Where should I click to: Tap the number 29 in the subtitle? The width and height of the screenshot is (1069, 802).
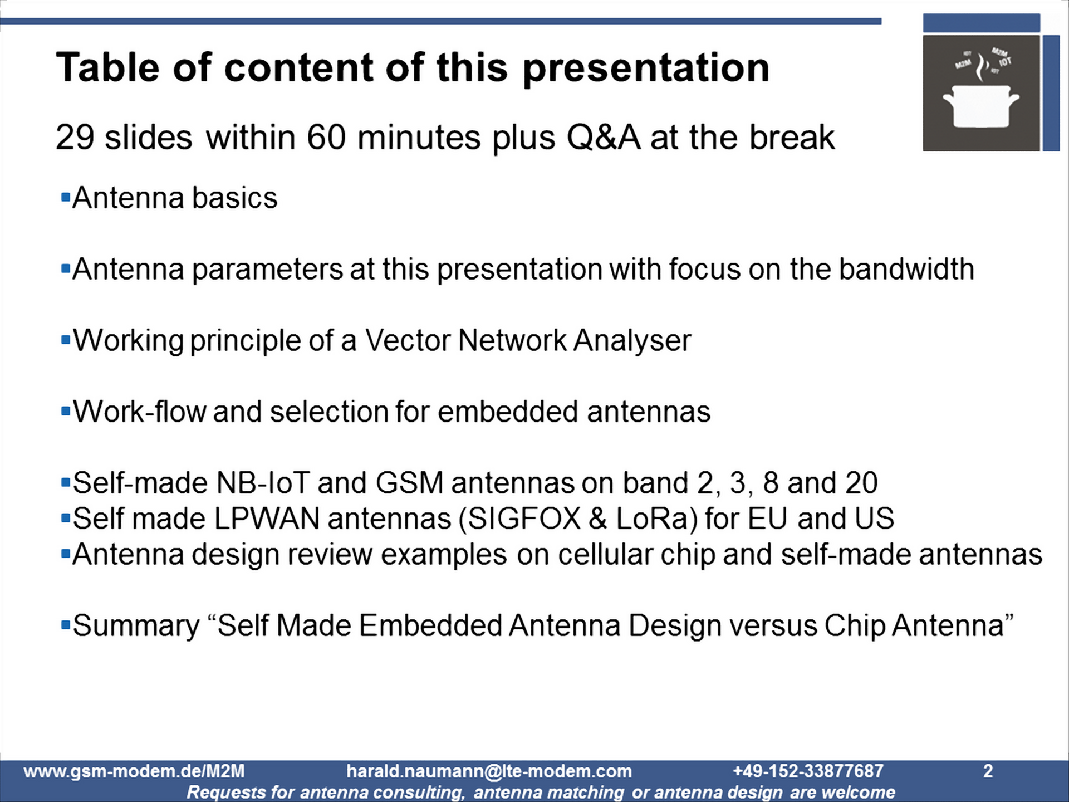coord(75,137)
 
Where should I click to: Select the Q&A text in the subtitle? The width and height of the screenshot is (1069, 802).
coord(603,137)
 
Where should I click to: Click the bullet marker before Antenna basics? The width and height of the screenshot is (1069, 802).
coord(66,197)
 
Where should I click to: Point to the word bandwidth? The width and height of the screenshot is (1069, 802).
coord(906,269)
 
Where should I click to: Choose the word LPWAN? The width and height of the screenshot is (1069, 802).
coord(267,519)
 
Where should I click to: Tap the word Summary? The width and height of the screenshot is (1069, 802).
coord(136,625)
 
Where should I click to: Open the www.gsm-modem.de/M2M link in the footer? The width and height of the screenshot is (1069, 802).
coord(134,771)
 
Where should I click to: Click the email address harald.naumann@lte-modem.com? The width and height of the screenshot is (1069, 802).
coord(489,771)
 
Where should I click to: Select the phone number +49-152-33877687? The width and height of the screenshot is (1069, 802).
coord(808,771)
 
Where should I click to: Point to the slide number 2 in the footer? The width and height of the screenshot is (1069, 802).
coord(988,771)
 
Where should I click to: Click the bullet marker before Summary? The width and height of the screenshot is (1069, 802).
coord(66,624)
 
